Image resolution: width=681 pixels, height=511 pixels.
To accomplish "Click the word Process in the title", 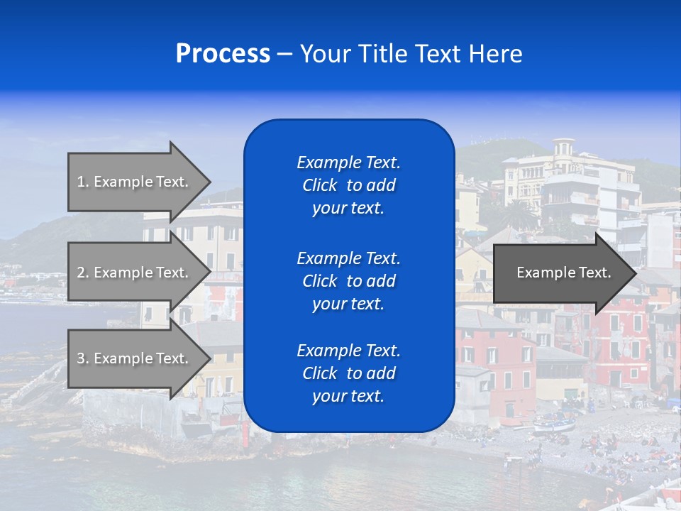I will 223,54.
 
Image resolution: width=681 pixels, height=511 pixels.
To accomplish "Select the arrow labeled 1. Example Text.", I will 135,182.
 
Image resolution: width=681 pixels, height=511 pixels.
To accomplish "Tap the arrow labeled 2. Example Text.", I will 135,273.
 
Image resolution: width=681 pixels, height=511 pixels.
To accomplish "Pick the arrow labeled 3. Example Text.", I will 135,358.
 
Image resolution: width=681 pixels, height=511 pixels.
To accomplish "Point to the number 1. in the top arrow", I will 83,182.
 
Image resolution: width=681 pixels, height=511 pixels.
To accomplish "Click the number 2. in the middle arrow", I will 83,273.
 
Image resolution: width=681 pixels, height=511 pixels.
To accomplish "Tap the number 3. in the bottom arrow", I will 83,358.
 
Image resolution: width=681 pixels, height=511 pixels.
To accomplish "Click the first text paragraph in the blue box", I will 348,185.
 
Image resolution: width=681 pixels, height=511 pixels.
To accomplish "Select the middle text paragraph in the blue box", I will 348,281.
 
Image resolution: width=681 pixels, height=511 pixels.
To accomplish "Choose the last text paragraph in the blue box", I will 348,373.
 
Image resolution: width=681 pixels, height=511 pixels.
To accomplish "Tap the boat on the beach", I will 554,426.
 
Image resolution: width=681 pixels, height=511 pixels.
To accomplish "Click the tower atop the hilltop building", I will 564,148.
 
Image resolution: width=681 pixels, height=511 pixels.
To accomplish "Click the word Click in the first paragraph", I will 319,185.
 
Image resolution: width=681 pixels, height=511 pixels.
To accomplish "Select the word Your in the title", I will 324,54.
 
